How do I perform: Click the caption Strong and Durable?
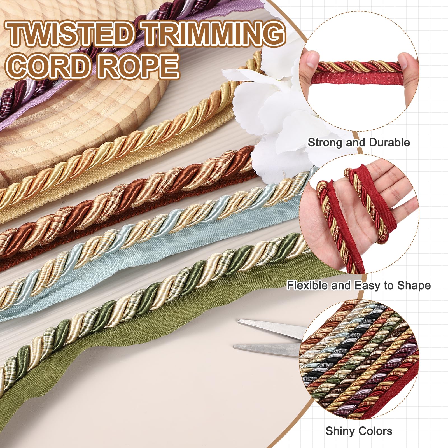coord(359,143)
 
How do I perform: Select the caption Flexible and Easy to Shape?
coord(359,286)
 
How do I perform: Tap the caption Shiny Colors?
coord(359,431)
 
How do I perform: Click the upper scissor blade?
coord(270,328)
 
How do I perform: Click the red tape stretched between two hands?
coord(358,77)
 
